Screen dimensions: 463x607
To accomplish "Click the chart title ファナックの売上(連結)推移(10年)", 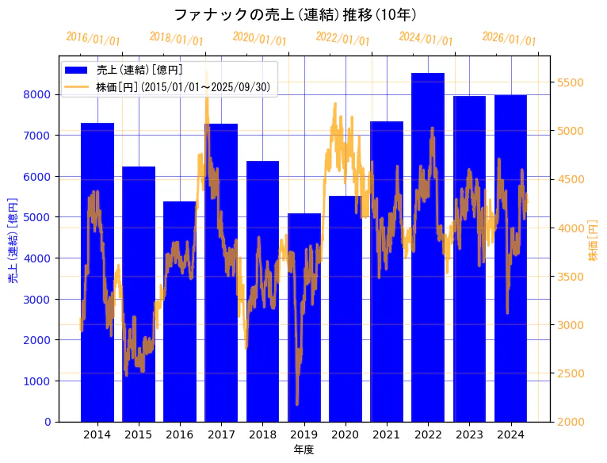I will click(295, 15).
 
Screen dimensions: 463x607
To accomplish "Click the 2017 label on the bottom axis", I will click(221, 434).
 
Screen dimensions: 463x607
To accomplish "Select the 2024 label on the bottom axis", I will click(510, 434).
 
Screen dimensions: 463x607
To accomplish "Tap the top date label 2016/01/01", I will click(93, 38).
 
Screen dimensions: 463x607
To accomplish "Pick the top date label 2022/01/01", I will click(342, 38).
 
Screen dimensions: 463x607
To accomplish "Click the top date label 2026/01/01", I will click(509, 38).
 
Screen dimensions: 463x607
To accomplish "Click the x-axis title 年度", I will click(303, 450).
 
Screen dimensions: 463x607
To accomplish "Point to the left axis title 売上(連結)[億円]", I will click(13, 239).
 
